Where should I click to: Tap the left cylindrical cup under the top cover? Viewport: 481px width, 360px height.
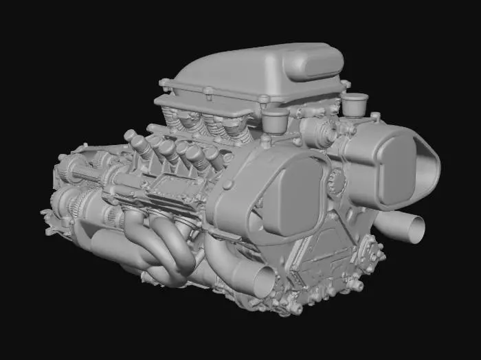(x=276, y=120)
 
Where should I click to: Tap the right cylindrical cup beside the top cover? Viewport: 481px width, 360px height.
(x=355, y=104)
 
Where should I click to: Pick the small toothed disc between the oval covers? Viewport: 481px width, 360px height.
(x=337, y=183)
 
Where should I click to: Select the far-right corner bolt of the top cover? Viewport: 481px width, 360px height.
(x=346, y=85)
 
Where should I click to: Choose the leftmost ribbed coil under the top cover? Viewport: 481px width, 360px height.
(x=172, y=124)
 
